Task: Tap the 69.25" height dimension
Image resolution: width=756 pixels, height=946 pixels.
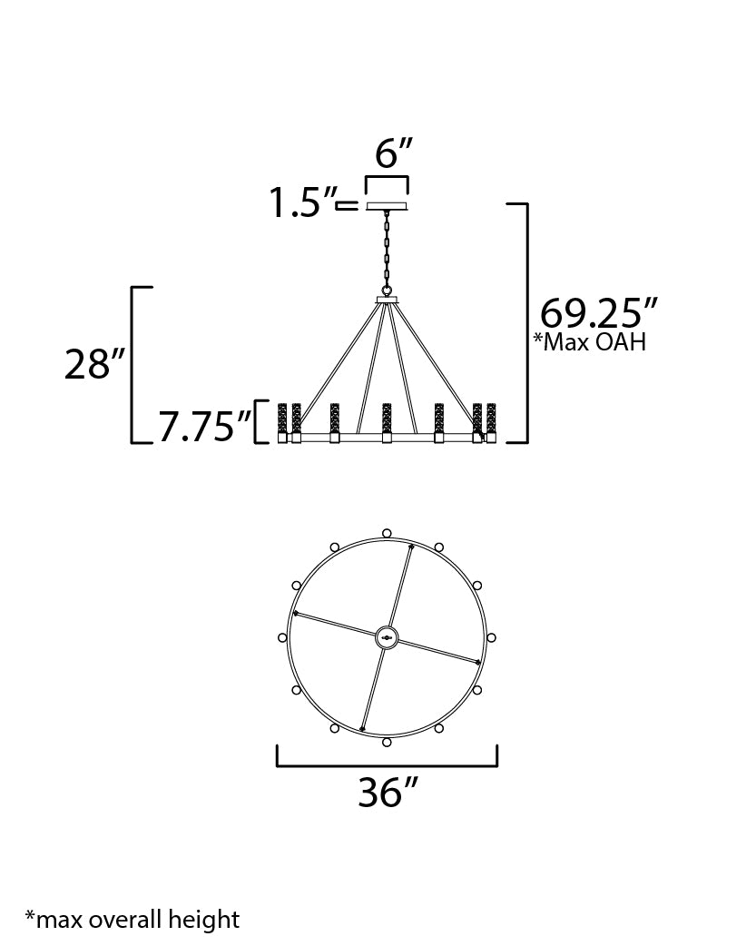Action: tap(597, 314)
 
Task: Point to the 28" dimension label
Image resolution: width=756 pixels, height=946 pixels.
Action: tap(93, 365)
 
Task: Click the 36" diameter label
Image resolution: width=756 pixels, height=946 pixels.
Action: tap(388, 793)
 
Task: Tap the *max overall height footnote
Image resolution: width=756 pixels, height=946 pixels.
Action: tap(133, 919)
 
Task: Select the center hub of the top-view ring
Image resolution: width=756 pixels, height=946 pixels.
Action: tap(388, 637)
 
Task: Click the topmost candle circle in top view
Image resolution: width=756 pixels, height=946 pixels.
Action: tap(388, 533)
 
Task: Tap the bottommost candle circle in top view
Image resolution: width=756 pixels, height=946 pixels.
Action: tap(388, 743)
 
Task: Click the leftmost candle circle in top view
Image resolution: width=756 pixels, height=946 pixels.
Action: tap(282, 637)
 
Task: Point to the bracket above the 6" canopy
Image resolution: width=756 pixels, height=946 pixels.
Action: tap(388, 177)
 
